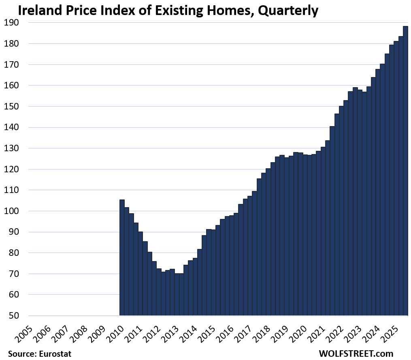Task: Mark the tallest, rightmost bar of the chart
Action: [x=405, y=170]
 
